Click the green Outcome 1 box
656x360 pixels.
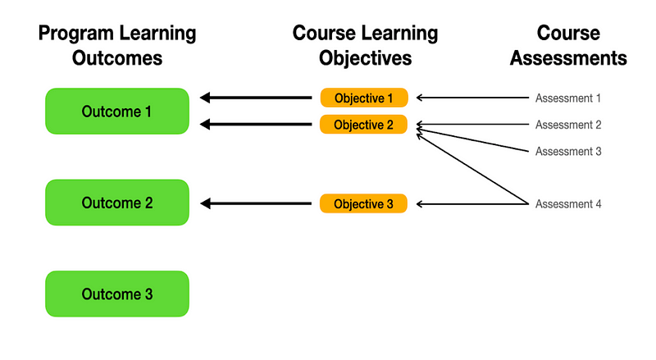pos(117,111)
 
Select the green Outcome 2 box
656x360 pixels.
pos(117,203)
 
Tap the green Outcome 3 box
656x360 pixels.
pos(117,294)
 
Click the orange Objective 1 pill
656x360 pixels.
pos(364,98)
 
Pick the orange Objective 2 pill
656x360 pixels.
pos(364,125)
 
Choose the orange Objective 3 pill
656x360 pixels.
pos(364,203)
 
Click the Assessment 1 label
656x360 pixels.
pos(568,98)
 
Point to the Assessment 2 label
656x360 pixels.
pos(568,125)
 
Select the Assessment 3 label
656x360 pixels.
pos(568,151)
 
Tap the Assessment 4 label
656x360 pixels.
pos(568,203)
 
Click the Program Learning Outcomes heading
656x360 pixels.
pos(117,46)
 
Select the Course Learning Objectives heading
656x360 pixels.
pos(365,46)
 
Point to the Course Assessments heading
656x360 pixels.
pos(568,46)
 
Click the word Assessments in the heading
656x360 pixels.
pos(568,58)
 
